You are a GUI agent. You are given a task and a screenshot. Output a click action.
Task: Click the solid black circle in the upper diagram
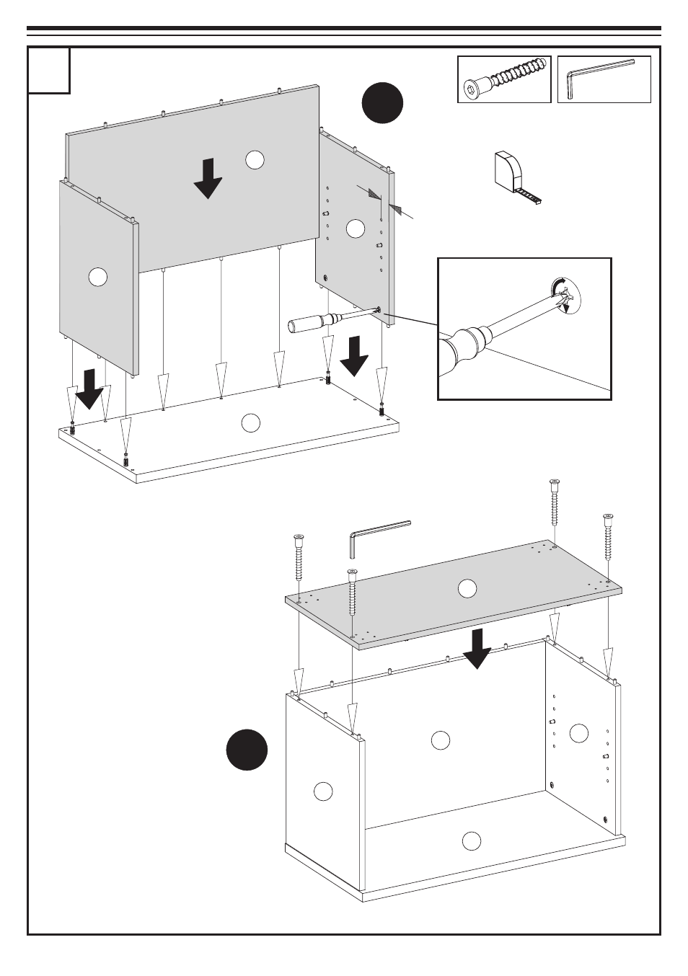(382, 102)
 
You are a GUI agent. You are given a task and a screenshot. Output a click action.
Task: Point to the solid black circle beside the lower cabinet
(247, 750)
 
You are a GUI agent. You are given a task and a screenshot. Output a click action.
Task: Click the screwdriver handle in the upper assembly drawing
(309, 321)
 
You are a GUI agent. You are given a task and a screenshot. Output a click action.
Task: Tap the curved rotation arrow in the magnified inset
(557, 285)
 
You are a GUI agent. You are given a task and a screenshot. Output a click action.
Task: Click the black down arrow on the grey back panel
(208, 179)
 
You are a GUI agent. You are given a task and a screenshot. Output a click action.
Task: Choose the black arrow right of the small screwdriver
(354, 355)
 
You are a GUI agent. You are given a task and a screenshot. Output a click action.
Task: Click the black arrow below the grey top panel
(477, 647)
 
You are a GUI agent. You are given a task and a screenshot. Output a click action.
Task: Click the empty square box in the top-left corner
(49, 70)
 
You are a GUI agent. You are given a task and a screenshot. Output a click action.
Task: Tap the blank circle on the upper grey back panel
(255, 160)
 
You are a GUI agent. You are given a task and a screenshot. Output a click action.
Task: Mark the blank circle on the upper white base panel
(250, 423)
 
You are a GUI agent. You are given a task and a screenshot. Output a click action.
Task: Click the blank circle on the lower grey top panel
(467, 588)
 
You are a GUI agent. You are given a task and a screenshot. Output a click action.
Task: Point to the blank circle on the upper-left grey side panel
(97, 276)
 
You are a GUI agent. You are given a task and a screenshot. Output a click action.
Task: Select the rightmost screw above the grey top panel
(607, 537)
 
